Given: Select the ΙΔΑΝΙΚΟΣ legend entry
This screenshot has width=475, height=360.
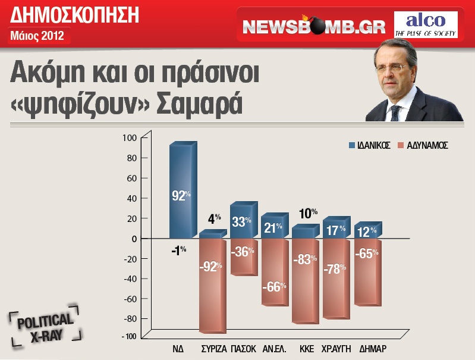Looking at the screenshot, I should (x=369, y=145).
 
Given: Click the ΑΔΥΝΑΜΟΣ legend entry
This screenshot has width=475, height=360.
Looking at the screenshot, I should (x=422, y=145).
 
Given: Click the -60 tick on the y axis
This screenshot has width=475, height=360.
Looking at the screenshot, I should (x=128, y=299).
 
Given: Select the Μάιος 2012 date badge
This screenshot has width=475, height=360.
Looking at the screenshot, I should (x=37, y=36).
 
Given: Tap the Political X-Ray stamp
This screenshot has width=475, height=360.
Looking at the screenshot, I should (x=45, y=328).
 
